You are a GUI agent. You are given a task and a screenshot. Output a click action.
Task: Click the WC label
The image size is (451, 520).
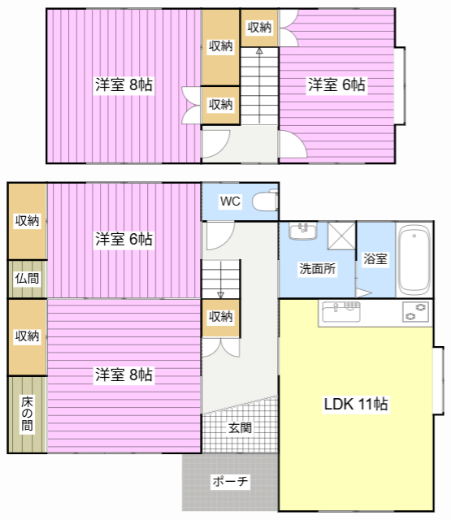(x=230, y=201)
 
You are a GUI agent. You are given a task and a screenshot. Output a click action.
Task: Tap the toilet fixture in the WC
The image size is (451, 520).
(x=265, y=200)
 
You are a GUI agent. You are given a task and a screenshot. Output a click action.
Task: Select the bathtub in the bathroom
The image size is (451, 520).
(x=414, y=260)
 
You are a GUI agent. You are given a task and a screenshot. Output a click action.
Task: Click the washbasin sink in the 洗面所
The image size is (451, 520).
(x=303, y=231)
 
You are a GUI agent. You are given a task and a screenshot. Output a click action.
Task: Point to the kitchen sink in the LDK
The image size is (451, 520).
(x=341, y=312)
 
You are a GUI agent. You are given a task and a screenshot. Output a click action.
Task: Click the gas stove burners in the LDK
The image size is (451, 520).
(x=416, y=312)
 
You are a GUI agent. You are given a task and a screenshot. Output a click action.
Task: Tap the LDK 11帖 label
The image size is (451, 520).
(x=356, y=404)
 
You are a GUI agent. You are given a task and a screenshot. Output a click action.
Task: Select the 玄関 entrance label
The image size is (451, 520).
(x=240, y=427)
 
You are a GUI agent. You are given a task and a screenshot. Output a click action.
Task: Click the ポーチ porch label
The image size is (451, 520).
(x=230, y=481)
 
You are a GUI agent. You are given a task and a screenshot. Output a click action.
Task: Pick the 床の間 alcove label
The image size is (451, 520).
(x=27, y=414)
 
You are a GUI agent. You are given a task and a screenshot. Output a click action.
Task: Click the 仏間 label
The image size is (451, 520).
(x=27, y=278)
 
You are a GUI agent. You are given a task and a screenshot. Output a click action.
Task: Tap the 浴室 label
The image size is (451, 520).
(x=375, y=258)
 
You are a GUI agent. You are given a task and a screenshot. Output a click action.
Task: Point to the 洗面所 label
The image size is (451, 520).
(x=318, y=269)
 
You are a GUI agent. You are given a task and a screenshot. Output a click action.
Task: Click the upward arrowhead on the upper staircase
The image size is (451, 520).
(x=259, y=50)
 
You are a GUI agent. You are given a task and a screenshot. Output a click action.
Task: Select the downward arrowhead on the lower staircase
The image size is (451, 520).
(x=220, y=295)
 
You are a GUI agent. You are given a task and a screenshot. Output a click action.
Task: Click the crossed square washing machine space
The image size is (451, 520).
(x=341, y=236)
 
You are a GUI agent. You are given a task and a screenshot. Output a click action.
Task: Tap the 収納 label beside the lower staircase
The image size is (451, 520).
(x=220, y=317)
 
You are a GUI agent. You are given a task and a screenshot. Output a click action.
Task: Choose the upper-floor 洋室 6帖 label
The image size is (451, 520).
(x=336, y=84)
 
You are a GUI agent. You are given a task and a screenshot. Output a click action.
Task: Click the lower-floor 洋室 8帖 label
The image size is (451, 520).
(x=124, y=375)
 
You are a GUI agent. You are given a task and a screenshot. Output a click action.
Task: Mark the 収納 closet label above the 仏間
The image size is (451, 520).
(x=27, y=220)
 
